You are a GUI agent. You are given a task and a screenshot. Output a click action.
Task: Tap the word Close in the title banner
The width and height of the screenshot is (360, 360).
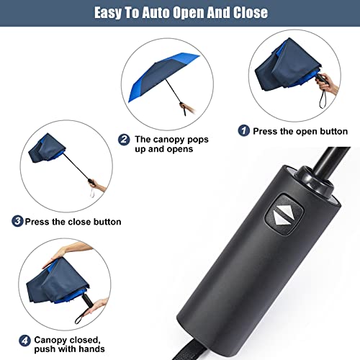[x=248, y=13]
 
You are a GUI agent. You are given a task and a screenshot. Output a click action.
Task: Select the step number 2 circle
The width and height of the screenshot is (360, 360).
[x=124, y=140]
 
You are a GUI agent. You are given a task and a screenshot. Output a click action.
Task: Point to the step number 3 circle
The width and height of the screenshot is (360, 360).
[x=17, y=221]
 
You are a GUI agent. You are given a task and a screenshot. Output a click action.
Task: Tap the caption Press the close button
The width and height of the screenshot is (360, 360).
[x=73, y=221]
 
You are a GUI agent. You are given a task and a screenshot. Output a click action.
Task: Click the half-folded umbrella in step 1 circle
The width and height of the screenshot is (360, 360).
[x=284, y=61]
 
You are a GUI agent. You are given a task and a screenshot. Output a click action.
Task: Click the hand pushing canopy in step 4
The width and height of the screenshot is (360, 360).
[x=65, y=251]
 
